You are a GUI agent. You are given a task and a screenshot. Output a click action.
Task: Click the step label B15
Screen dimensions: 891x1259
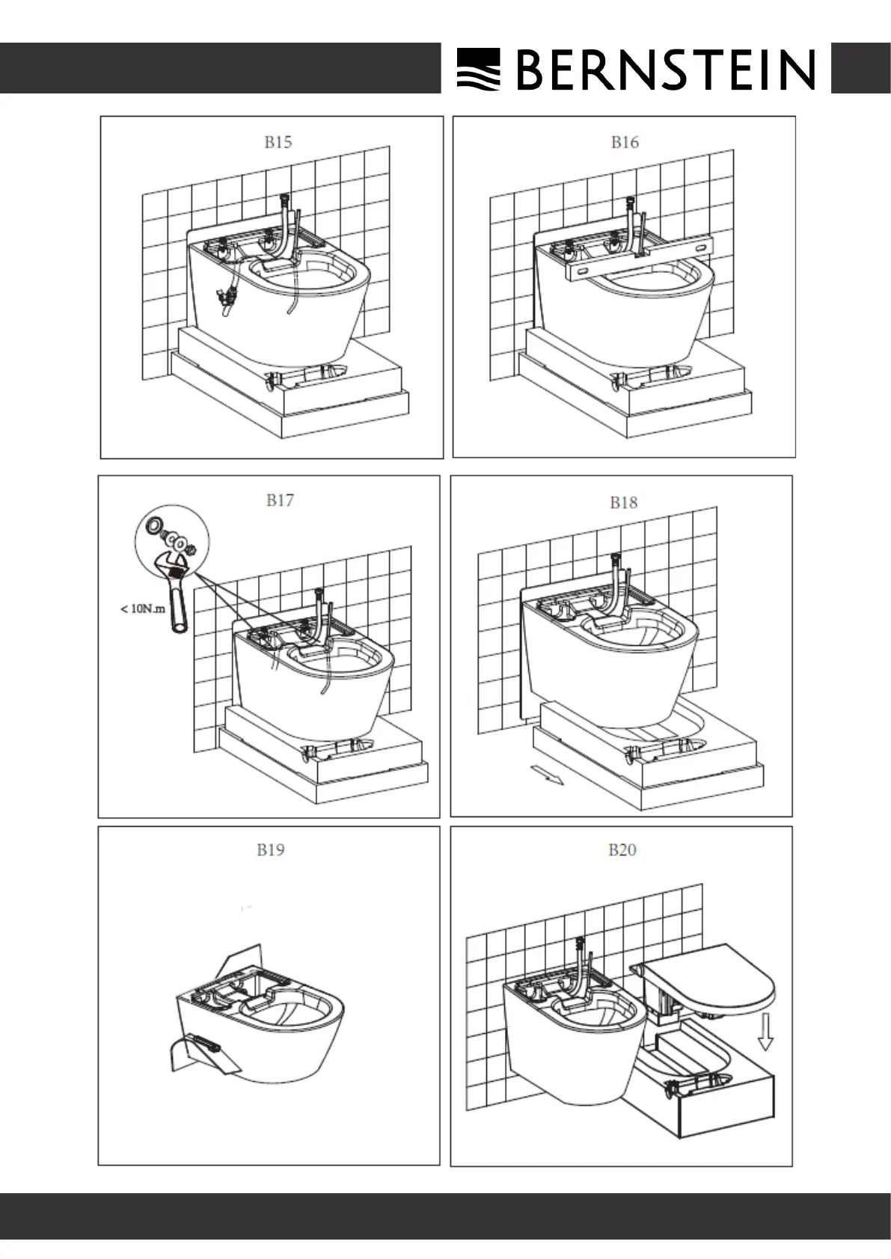[278, 142]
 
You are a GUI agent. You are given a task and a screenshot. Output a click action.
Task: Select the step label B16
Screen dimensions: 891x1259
[625, 142]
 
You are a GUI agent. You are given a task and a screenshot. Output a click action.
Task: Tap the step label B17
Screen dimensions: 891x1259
[280, 500]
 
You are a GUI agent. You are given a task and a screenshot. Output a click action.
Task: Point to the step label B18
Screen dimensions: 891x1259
[623, 502]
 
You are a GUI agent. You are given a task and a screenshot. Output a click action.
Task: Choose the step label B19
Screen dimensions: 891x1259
[270, 849]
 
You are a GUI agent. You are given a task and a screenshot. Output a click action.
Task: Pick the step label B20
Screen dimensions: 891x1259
[622, 849]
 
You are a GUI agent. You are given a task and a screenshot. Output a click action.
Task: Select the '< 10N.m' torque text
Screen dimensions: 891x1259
[143, 609]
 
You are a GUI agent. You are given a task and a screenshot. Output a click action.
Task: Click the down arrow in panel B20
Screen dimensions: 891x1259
[765, 1032]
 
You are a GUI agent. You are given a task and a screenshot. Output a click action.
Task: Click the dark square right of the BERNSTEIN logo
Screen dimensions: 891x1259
[860, 68]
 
